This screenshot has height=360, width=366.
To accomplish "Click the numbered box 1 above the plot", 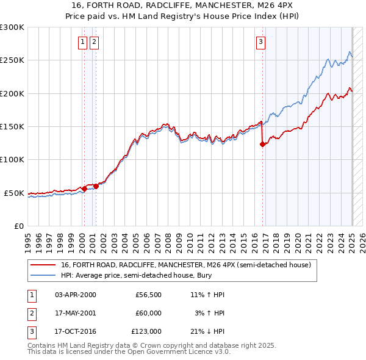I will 82,42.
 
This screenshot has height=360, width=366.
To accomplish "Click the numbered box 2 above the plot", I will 95,42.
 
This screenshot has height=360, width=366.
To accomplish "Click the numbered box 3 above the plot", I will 260,42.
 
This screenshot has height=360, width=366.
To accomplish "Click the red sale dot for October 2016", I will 262,145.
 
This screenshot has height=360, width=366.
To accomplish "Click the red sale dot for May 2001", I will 96,186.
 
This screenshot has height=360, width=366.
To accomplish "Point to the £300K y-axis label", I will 12,27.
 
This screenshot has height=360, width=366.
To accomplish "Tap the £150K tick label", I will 12,127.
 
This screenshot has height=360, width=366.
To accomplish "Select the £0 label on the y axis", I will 18,226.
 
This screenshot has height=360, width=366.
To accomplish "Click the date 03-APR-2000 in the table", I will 76,295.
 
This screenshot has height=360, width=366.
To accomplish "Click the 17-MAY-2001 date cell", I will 76,313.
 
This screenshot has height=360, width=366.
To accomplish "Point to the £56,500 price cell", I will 148,295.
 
